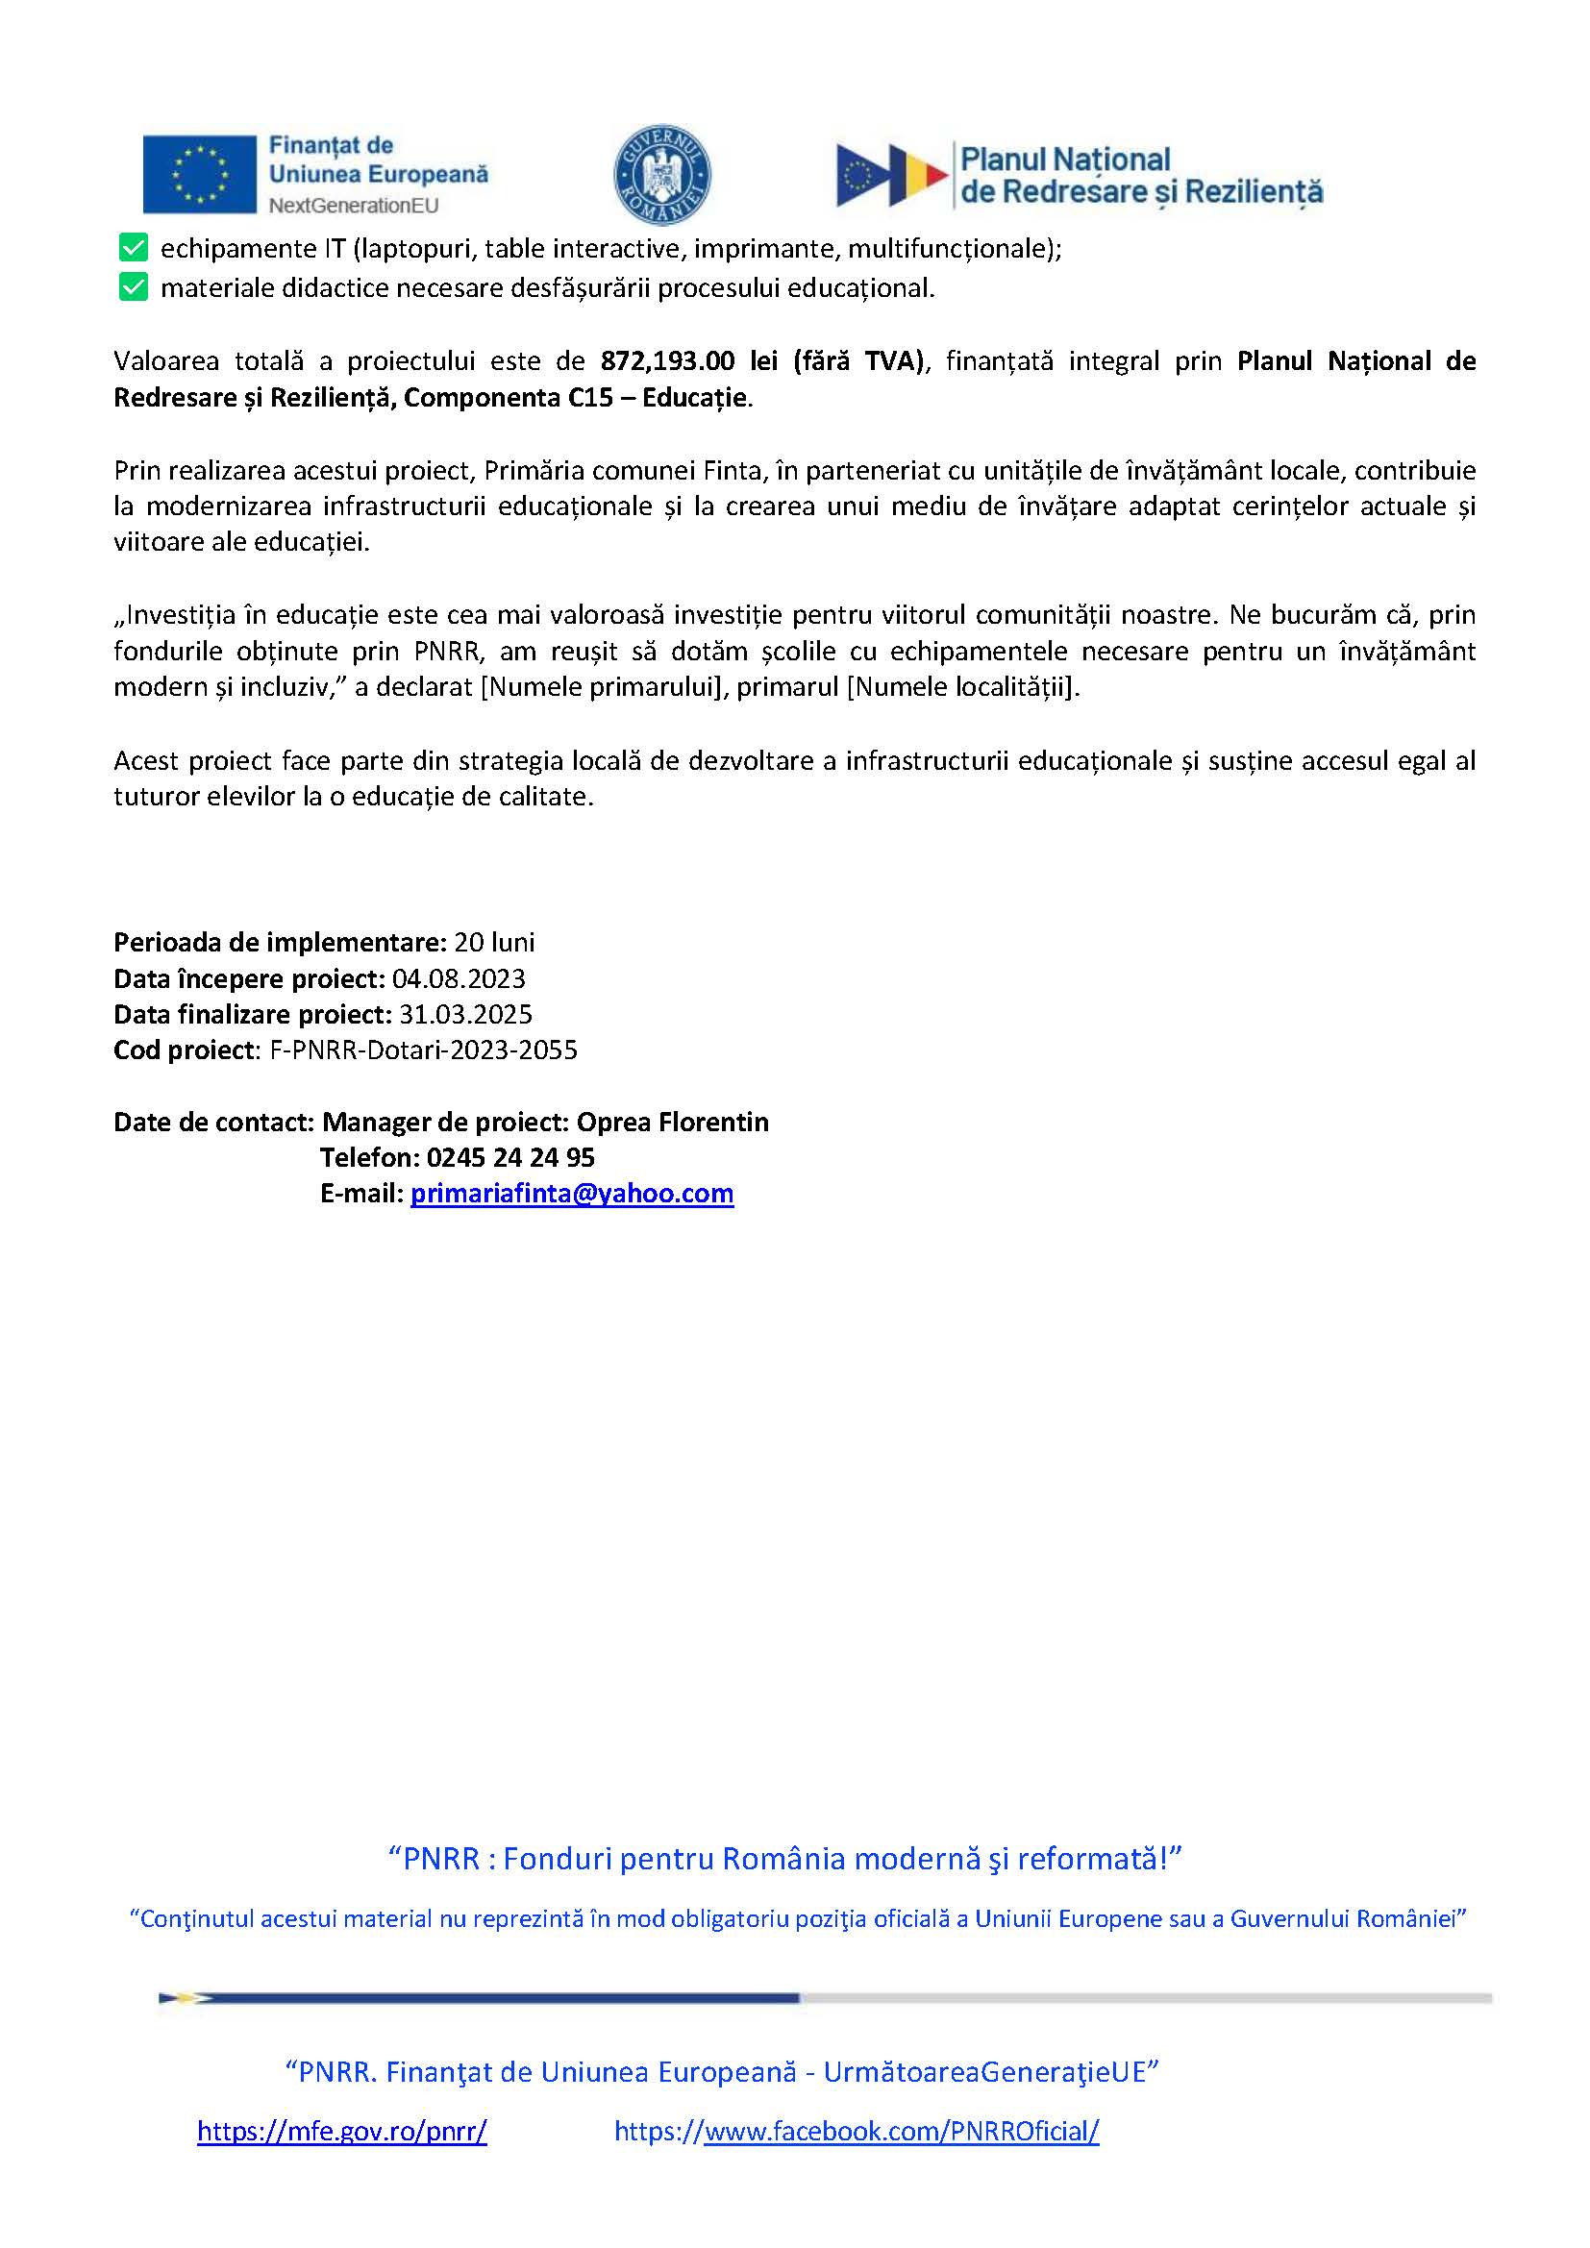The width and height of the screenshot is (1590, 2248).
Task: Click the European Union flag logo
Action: point(199,174)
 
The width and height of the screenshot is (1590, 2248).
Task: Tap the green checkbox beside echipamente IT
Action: point(134,248)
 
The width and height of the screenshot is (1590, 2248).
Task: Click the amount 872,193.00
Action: point(667,361)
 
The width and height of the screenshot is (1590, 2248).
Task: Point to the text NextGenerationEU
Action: point(354,206)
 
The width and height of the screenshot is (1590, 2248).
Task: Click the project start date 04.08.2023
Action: point(459,978)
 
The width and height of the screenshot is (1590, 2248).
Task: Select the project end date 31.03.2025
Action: point(465,1014)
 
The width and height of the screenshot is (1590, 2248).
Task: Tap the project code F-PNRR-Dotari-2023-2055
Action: point(423,1050)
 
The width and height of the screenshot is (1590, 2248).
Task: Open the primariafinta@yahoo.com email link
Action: point(572,1193)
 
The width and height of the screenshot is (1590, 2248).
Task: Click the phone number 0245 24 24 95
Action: point(510,1157)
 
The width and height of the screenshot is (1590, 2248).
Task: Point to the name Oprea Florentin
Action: point(673,1121)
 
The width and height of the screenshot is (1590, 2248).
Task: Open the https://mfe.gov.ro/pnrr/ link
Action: point(341,2131)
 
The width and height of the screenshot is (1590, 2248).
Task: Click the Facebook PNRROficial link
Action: point(857,2131)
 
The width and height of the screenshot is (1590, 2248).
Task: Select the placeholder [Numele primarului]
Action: point(601,687)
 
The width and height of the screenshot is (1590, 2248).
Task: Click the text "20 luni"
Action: point(494,942)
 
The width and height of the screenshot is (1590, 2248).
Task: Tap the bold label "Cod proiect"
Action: point(184,1050)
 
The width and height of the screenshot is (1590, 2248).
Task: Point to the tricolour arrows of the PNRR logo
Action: point(891,175)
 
